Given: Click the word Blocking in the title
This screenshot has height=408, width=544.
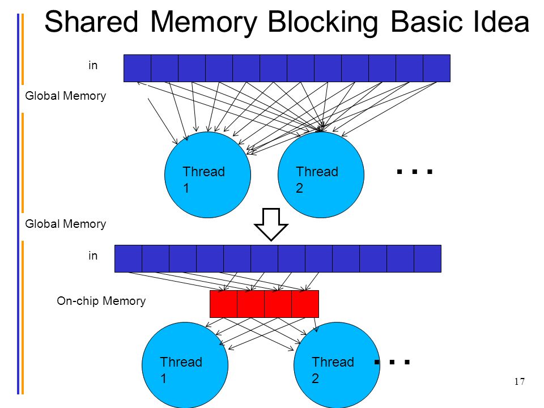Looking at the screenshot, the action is pyautogui.click(x=322, y=23).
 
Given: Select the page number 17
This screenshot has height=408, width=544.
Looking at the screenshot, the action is pyautogui.click(x=520, y=381).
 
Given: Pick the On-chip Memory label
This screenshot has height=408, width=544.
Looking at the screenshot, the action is pyautogui.click(x=101, y=301).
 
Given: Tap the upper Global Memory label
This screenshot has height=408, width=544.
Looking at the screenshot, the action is pyautogui.click(x=66, y=96).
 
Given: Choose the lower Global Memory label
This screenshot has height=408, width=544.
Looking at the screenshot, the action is pyautogui.click(x=66, y=224).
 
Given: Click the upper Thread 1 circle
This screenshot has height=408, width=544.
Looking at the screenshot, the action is pyautogui.click(x=207, y=175).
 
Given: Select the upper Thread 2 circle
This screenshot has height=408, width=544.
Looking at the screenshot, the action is pyautogui.click(x=321, y=175).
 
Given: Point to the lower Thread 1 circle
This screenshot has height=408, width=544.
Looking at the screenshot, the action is pyautogui.click(x=185, y=365).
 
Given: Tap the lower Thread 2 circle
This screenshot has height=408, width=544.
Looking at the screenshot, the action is pyautogui.click(x=337, y=365).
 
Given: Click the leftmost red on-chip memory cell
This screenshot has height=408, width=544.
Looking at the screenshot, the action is pyautogui.click(x=224, y=304).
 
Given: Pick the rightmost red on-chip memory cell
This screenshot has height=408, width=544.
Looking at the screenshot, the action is pyautogui.click(x=305, y=304).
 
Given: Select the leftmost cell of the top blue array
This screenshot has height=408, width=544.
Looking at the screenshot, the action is pyautogui.click(x=137, y=69).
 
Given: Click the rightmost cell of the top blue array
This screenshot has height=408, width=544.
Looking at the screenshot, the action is pyautogui.click(x=437, y=69).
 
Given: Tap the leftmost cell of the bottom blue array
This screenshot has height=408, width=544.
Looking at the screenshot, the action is pyautogui.click(x=129, y=259).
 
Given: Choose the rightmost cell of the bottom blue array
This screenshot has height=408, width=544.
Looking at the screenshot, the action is pyautogui.click(x=428, y=259).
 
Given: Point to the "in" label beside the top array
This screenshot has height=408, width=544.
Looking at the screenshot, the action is pyautogui.click(x=93, y=65).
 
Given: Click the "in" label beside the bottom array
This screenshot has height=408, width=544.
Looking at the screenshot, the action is pyautogui.click(x=93, y=256).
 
